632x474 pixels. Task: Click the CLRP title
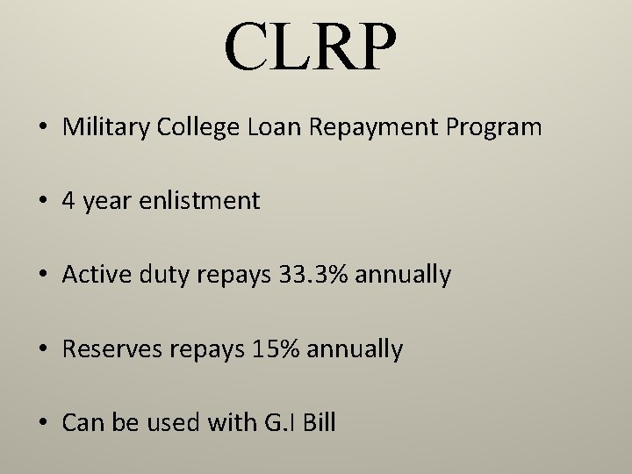click(x=312, y=47)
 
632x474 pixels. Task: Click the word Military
click(x=98, y=127)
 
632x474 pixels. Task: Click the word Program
click(x=493, y=128)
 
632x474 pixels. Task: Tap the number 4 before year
click(x=68, y=201)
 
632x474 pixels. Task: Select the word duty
click(x=157, y=276)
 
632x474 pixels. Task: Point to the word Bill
click(x=316, y=424)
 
